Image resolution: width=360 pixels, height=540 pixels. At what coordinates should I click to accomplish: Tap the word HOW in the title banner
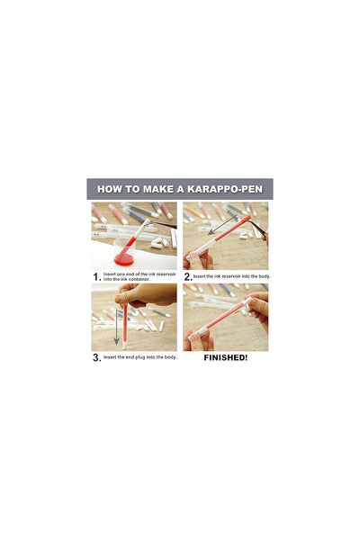112,190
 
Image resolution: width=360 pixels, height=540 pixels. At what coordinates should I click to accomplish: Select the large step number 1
95,277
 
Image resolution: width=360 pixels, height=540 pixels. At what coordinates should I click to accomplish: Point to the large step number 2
187,276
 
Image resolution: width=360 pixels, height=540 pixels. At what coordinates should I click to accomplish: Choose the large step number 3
95,357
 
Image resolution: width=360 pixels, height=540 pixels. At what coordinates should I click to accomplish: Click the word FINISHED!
225,357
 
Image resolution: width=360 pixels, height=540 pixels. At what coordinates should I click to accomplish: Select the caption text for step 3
139,357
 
